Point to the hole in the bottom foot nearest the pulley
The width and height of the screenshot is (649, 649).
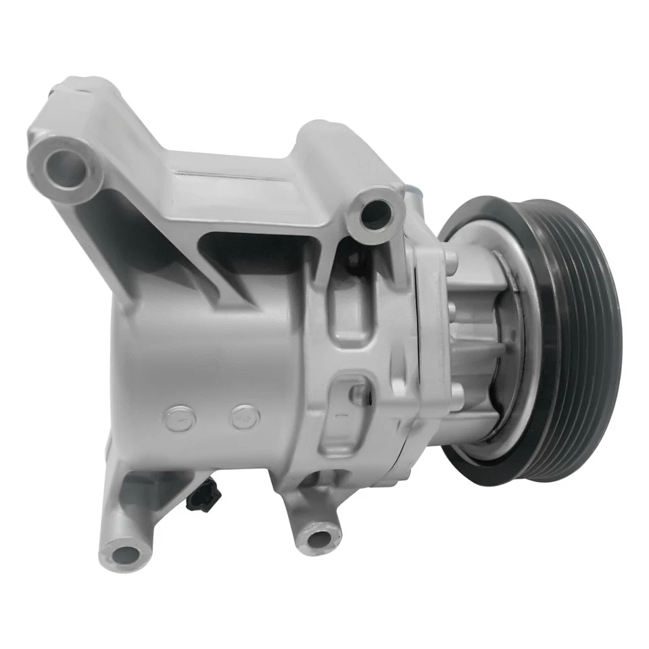[x=316, y=538]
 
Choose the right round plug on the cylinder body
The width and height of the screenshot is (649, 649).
[x=243, y=417]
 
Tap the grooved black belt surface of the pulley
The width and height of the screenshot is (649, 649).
[x=581, y=338]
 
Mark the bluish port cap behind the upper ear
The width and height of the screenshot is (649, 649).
[x=410, y=196]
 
